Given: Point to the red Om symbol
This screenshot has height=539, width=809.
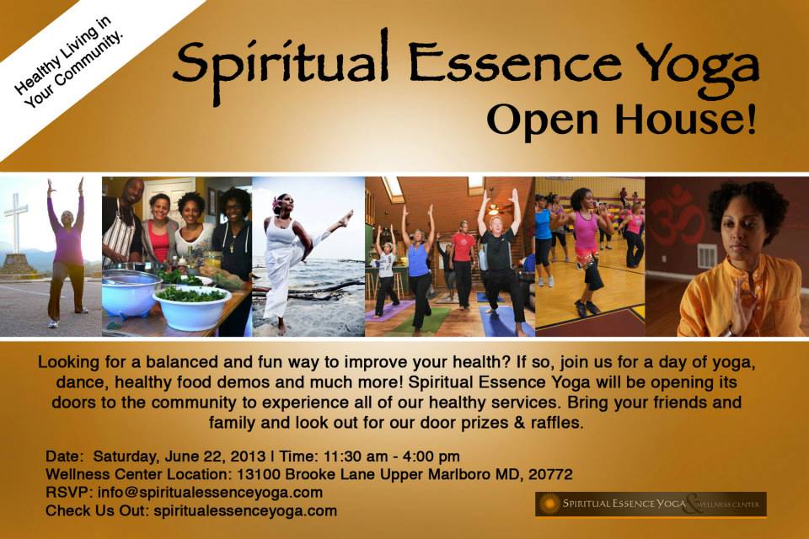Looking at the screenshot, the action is [x=676, y=215].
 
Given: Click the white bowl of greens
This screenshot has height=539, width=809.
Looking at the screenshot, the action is [x=192, y=307].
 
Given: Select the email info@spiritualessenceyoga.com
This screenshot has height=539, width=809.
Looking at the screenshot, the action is [x=210, y=493].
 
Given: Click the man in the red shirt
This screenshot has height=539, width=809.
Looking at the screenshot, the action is [x=462, y=264].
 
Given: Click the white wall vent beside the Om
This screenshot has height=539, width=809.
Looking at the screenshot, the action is [x=707, y=256].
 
